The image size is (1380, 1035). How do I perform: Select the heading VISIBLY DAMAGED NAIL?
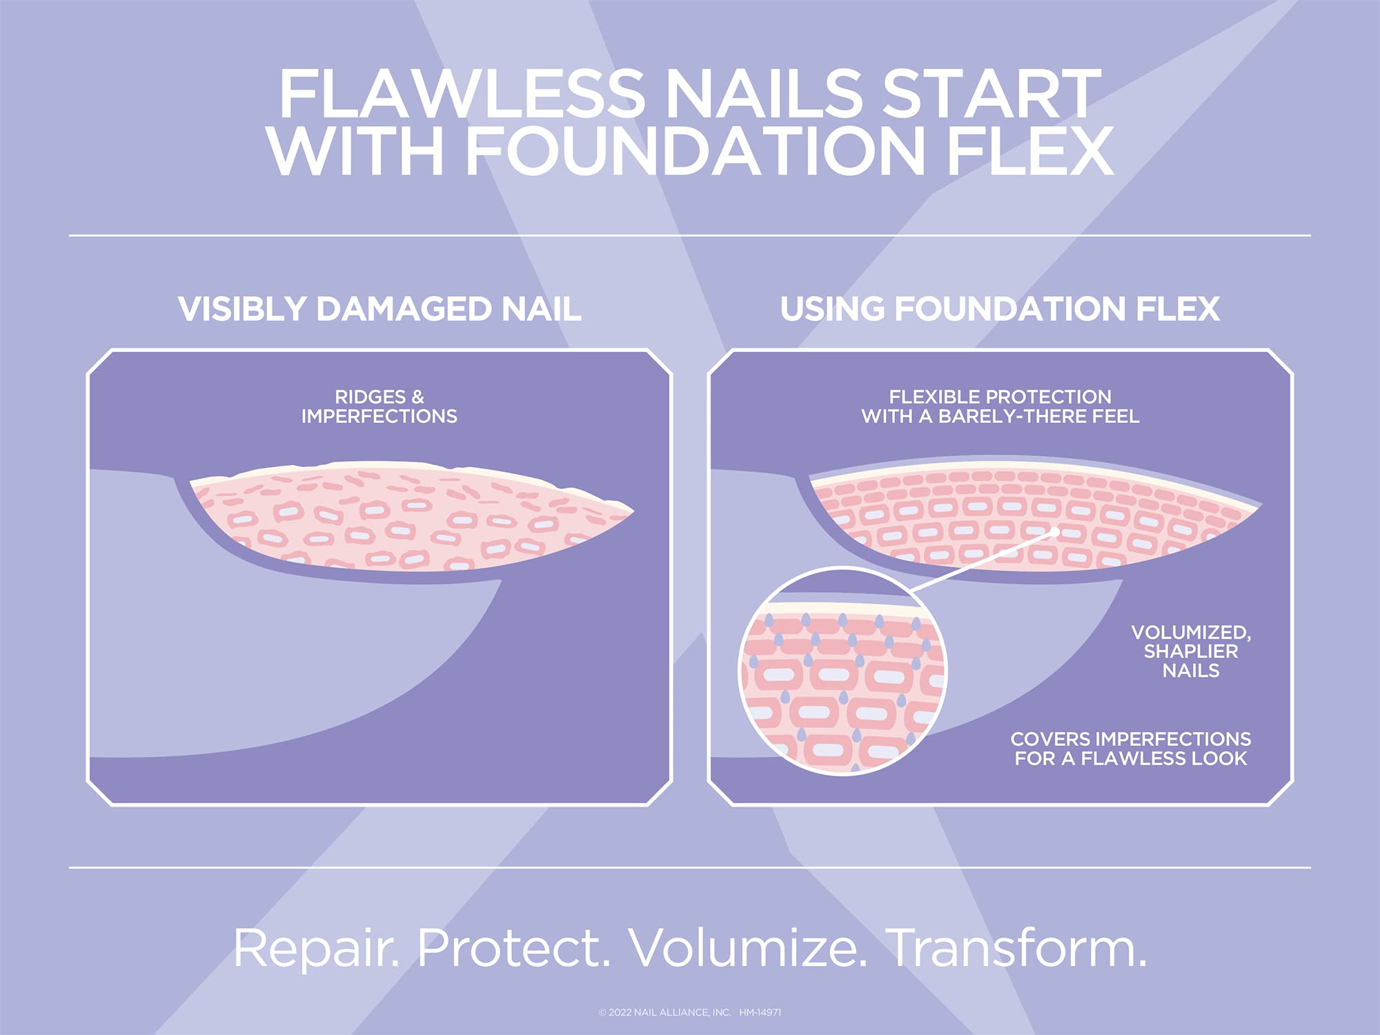pos(379,308)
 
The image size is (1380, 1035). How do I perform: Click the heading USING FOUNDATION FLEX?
pos(1000,308)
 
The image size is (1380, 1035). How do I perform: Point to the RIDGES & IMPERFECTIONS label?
pos(379,406)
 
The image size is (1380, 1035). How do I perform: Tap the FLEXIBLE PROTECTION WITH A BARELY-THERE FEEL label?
pos(1000,406)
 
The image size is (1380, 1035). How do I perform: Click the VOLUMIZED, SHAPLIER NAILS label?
pos(1190,651)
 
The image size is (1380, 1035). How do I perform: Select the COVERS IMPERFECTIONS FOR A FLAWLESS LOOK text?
pos(1130,749)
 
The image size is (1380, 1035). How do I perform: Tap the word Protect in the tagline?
pos(514,949)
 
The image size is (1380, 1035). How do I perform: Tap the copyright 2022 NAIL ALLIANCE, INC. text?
pos(664,1012)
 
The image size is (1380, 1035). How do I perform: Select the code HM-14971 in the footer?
pos(760,1012)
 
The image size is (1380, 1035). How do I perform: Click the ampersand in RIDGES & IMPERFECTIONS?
pos(417,397)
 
